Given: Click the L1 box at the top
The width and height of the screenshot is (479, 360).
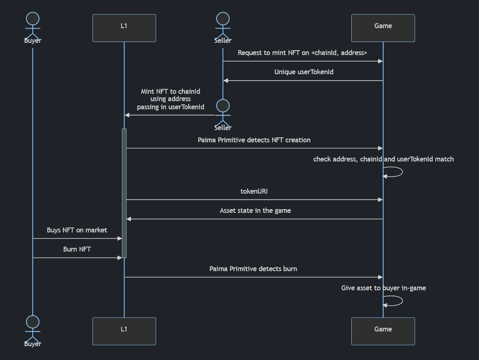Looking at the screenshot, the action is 124,28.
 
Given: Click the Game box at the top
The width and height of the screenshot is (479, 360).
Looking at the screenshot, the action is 383,28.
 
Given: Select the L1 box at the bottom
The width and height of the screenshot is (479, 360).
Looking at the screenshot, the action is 124,331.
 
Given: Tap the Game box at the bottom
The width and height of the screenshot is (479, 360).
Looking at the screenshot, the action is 383,331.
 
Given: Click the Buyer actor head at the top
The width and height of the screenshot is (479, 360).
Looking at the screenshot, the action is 33,19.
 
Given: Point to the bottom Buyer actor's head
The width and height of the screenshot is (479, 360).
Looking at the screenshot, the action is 33,322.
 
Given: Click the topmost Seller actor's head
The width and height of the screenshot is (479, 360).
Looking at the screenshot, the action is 223,19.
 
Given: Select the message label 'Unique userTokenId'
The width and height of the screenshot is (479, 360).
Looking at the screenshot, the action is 304,72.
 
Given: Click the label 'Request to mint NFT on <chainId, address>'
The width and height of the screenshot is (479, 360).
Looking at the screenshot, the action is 302,53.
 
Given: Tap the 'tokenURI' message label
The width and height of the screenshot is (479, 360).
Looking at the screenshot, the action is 254,192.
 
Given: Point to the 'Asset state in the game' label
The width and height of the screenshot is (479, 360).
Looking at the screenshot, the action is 255,211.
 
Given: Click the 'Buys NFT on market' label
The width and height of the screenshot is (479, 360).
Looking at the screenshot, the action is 77,230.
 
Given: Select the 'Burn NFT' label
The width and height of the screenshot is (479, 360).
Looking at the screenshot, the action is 77,250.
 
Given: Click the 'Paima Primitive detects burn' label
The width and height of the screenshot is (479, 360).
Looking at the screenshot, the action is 253,269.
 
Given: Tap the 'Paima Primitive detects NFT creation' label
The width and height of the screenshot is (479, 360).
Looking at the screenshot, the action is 254,140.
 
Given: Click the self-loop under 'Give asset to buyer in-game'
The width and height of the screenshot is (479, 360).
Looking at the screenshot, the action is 403,301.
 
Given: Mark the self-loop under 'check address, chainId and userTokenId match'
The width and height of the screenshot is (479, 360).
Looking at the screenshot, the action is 403,172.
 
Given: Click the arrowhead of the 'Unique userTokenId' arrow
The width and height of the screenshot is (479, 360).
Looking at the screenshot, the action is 226,81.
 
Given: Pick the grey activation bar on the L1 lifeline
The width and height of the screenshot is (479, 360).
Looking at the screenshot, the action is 124,193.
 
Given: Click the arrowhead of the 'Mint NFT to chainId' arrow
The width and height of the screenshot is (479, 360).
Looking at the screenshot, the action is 127,115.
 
